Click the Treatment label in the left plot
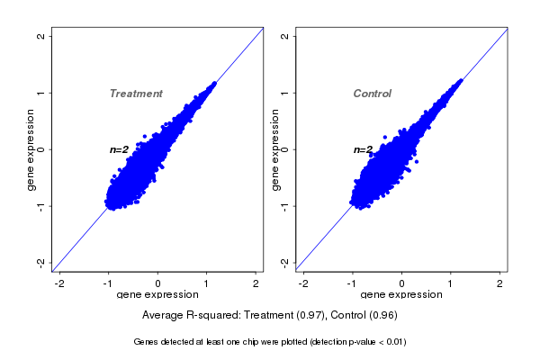136,94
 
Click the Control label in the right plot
372,94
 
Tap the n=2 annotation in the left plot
120,149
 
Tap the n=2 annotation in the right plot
363,149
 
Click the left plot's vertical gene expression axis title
31,149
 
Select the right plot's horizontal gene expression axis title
402,295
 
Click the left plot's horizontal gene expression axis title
158,295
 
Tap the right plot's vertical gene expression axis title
274,149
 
